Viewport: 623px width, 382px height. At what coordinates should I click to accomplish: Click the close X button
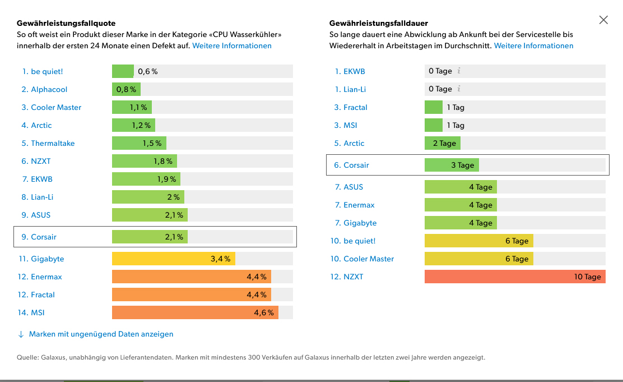pos(603,20)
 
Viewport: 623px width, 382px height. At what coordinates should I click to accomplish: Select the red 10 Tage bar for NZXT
pos(514,277)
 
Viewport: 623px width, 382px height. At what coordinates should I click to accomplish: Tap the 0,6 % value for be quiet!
pos(148,71)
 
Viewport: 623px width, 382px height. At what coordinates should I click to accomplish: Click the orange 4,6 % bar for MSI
pos(195,312)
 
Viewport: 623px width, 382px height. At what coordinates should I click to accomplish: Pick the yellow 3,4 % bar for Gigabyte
pos(173,259)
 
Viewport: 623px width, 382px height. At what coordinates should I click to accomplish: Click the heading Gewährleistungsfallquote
pos(66,23)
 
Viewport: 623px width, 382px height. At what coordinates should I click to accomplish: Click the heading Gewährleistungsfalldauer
pos(379,23)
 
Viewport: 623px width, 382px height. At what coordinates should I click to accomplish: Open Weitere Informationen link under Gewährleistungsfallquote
pos(232,45)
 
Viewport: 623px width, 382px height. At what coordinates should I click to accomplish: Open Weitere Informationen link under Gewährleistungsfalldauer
pos(533,45)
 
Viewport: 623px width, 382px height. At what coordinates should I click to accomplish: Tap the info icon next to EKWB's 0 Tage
pos(459,71)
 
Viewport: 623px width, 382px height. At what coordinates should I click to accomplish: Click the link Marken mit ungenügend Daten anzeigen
pos(101,334)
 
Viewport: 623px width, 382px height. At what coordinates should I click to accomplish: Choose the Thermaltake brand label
pos(53,143)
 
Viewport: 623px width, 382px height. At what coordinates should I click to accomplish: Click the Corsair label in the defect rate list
pos(44,237)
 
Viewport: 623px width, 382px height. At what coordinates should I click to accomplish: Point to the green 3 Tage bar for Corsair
pos(452,165)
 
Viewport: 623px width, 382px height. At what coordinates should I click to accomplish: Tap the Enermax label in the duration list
pos(359,205)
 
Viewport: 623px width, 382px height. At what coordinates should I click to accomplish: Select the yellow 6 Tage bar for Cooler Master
pos(478,259)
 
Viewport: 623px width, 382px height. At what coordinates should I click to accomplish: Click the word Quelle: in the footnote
pos(27,357)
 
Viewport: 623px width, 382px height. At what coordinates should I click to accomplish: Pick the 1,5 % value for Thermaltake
pos(152,143)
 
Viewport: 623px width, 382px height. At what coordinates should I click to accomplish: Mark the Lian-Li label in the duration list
pos(355,89)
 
